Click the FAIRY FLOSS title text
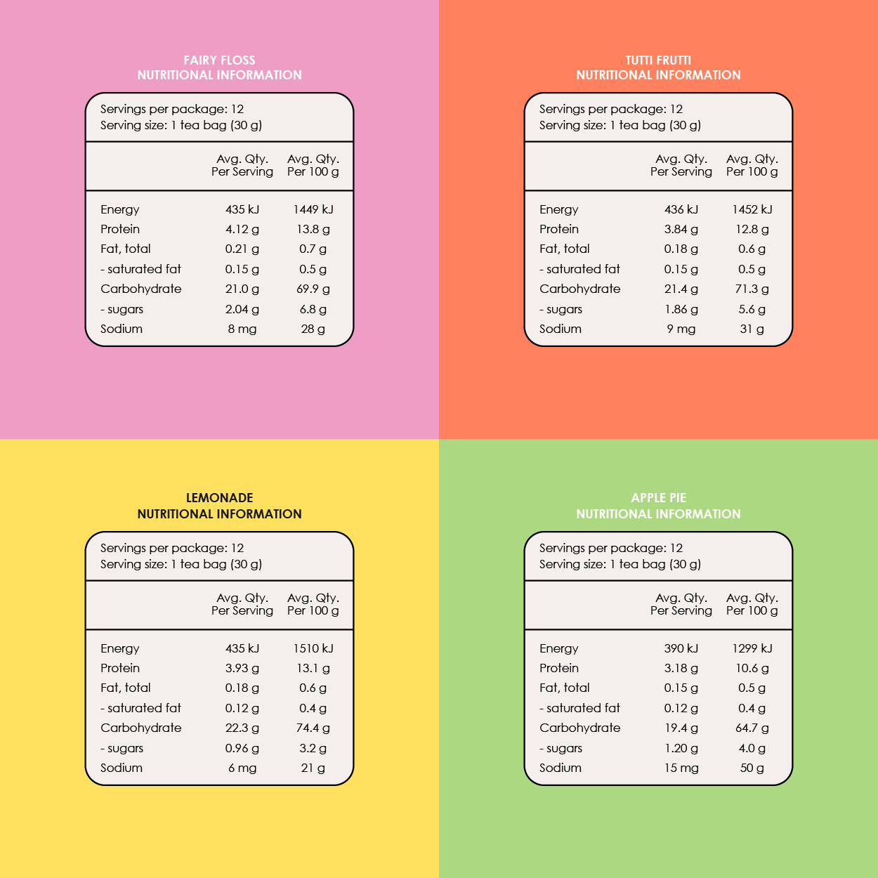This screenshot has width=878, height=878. click(219, 60)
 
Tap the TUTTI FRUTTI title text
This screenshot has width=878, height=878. click(658, 60)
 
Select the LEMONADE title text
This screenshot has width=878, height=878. click(219, 498)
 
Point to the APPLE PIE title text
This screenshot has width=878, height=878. click(658, 498)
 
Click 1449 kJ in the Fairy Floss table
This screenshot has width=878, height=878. click(313, 209)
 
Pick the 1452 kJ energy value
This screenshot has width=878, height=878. click(752, 209)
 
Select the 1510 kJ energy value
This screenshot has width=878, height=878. click(313, 648)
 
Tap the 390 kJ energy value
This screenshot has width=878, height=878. click(681, 648)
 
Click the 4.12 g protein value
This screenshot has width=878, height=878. click(242, 229)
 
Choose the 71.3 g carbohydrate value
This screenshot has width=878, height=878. click(752, 289)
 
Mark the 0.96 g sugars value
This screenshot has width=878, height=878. click(242, 748)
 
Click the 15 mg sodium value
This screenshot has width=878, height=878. click(681, 768)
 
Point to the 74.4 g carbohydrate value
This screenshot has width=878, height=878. click(313, 728)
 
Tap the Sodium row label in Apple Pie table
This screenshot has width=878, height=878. click(560, 768)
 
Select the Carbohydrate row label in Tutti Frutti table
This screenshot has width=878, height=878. click(579, 289)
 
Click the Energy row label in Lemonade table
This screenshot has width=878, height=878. click(119, 648)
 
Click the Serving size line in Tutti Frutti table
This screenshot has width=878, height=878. click(620, 125)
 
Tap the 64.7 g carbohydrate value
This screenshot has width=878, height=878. click(752, 728)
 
